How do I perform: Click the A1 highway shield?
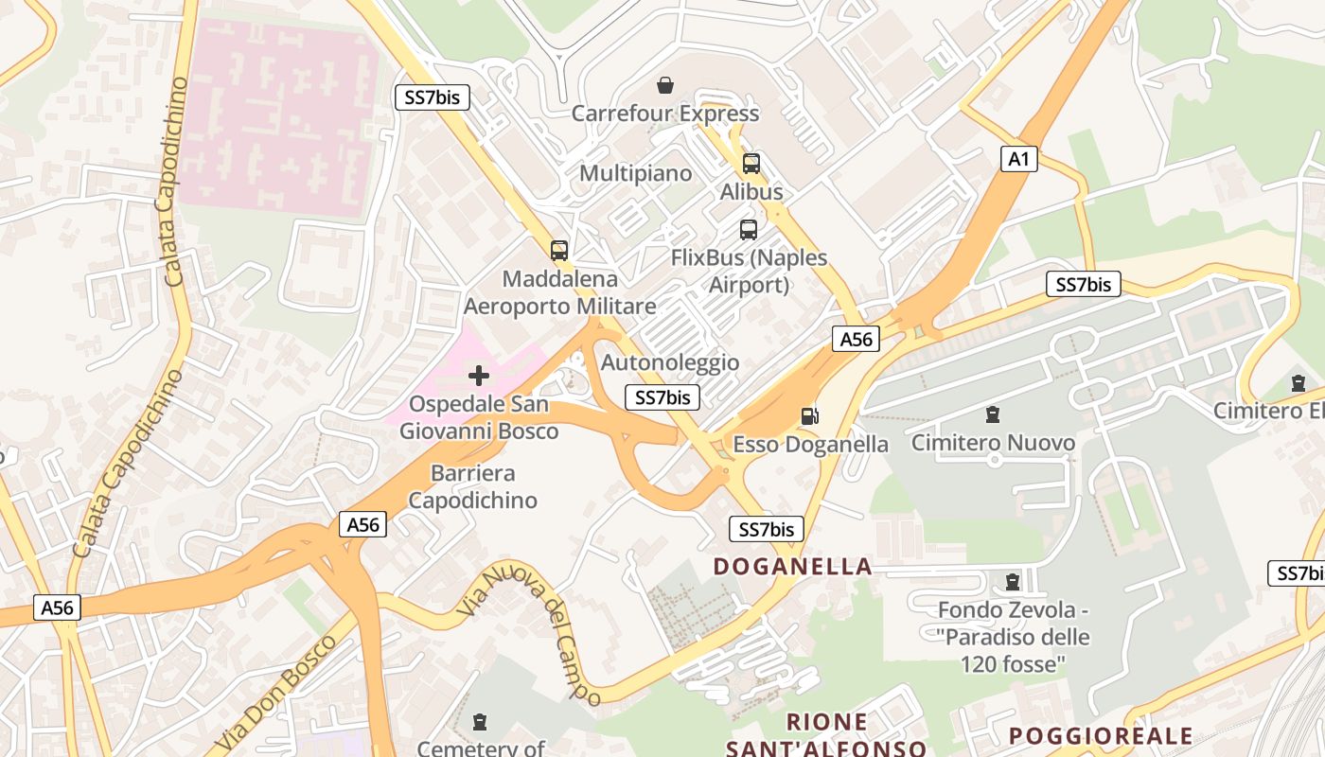1018,159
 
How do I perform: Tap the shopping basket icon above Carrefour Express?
665,85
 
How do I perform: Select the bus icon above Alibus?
751,164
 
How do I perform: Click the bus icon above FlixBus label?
749,230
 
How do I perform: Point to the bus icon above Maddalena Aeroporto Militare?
559,251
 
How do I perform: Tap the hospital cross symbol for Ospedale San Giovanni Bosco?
479,376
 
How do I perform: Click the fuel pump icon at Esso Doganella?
810,416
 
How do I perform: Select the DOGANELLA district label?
792,567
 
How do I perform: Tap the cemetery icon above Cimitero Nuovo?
993,414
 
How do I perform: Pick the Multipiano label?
635,174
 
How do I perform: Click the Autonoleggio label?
670,362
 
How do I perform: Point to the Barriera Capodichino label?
472,486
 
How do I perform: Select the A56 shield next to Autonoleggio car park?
856,339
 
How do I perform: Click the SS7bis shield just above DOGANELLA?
767,529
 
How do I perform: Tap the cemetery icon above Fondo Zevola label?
1013,581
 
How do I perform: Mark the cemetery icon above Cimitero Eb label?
1298,383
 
